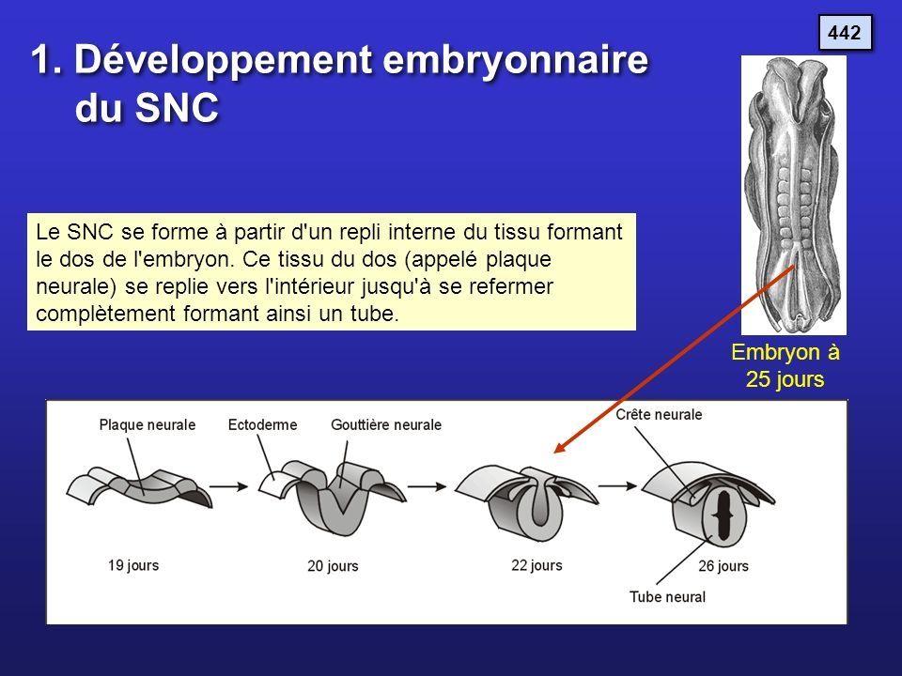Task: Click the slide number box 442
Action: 845,33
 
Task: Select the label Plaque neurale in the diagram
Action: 148,424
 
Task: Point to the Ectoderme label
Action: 262,424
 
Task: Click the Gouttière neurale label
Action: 386,424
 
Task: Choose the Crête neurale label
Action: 659,414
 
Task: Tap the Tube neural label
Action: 667,596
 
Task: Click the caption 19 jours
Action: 133,565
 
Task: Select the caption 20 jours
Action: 333,566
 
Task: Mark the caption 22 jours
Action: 537,565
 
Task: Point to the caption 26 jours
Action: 723,566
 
